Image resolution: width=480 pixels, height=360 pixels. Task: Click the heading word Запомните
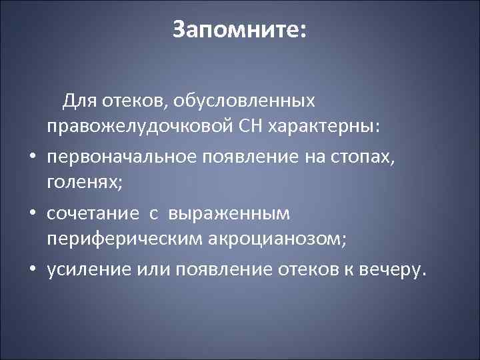234,30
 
